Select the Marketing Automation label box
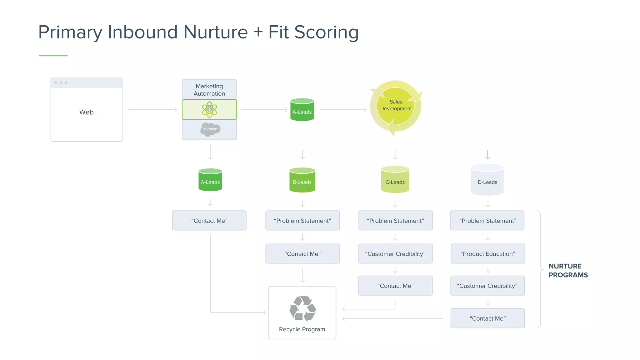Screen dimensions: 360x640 tap(209, 90)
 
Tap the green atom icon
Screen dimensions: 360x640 tap(209, 110)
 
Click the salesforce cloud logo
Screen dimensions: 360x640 tap(210, 129)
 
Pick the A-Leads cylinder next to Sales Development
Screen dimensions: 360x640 tap(302, 110)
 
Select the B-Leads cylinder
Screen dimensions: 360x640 tap(302, 180)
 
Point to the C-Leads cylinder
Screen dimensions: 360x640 tap(395, 180)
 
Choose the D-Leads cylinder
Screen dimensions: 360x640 tap(487, 180)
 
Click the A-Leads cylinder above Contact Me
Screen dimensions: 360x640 tap(210, 180)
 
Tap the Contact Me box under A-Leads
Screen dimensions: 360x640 tap(209, 221)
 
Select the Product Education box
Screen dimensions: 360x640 tap(487, 254)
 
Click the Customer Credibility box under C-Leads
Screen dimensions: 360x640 tap(395, 254)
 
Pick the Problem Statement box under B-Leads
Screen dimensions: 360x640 tap(302, 221)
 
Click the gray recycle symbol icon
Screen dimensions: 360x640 tap(302, 309)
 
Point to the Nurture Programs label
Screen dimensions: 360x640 tap(568, 271)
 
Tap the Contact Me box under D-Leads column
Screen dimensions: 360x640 tap(487, 318)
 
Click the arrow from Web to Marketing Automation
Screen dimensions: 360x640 tap(152, 110)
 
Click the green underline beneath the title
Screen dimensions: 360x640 tap(53, 56)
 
